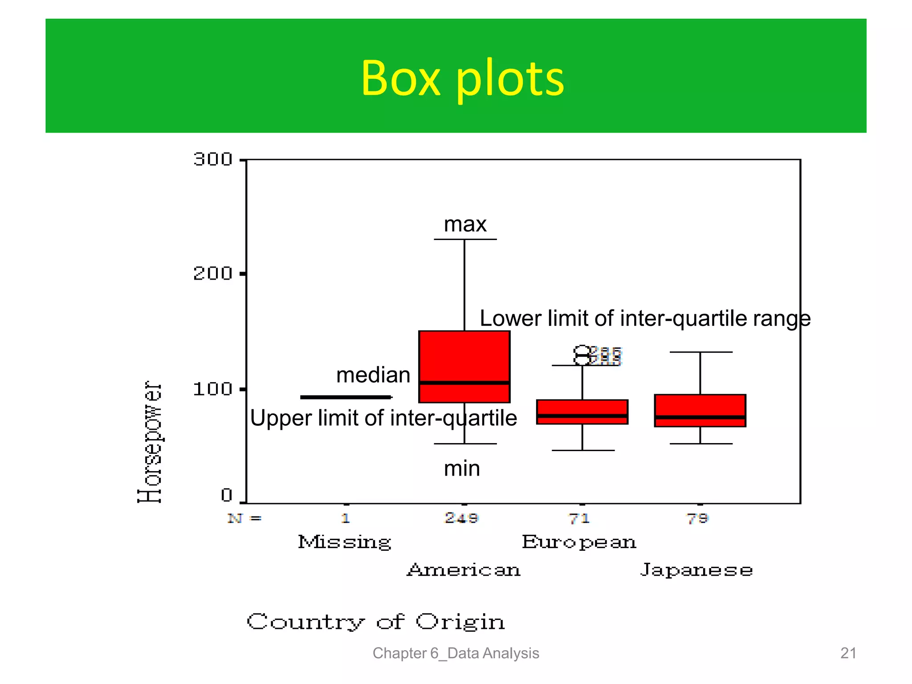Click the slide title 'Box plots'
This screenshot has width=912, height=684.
pos(462,78)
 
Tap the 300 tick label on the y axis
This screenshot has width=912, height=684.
pos(213,159)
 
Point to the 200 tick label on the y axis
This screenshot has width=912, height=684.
pos(213,273)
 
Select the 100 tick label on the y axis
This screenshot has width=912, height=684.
pos(213,389)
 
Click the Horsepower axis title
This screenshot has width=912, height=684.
pos(150,442)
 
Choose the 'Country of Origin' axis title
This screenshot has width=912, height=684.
pos(376,622)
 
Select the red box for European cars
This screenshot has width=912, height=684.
pos(582,411)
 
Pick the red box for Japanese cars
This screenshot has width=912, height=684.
pos(700,410)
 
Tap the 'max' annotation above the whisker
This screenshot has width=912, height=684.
pos(465,224)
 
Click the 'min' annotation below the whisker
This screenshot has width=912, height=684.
pos(462,468)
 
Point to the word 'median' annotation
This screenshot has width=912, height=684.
pos(373,375)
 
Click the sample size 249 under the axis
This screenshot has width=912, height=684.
pos(462,518)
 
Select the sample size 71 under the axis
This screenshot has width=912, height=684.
pos(579,518)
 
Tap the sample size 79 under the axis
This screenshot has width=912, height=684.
pos(697,518)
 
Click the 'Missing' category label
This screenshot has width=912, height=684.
pos(344,542)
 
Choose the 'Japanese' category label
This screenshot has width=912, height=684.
pos(696,570)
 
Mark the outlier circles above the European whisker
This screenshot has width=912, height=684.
pos(582,355)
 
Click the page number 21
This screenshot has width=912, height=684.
pos(848,653)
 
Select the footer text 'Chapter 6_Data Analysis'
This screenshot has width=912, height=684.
pos(456,653)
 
